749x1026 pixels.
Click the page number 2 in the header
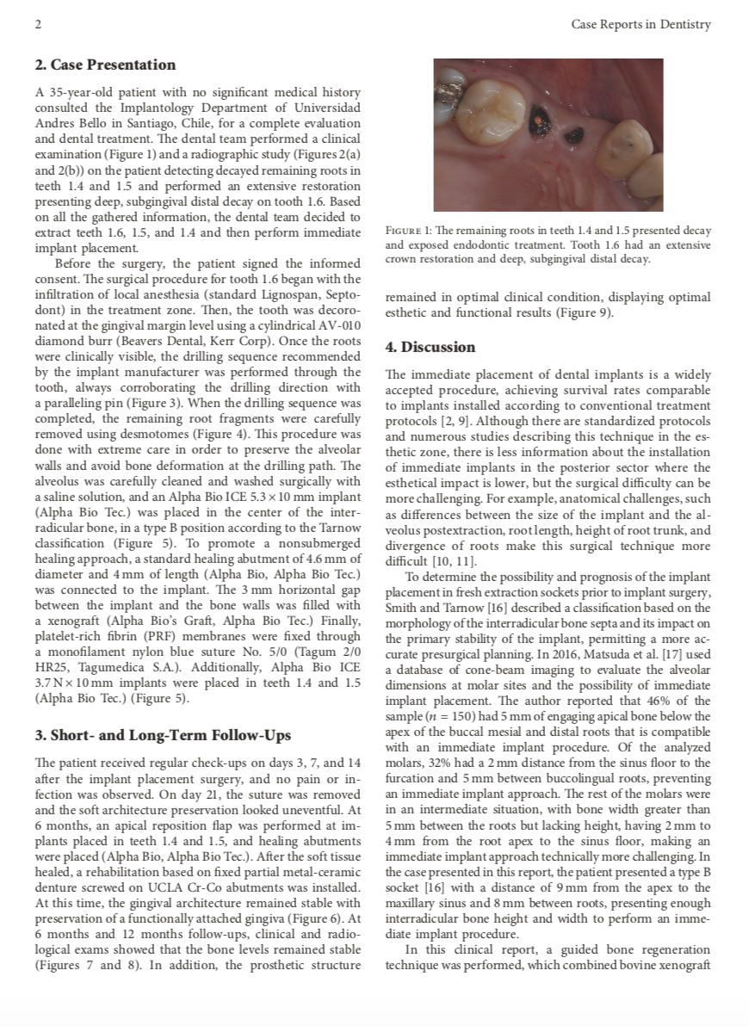pos(37,24)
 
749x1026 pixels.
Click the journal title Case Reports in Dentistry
pos(641,24)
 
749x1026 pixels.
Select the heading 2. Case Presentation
pos(105,65)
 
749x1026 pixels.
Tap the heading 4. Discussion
pos(430,348)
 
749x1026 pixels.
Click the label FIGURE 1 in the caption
pos(410,232)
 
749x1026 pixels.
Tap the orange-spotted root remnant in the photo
pos(541,114)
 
